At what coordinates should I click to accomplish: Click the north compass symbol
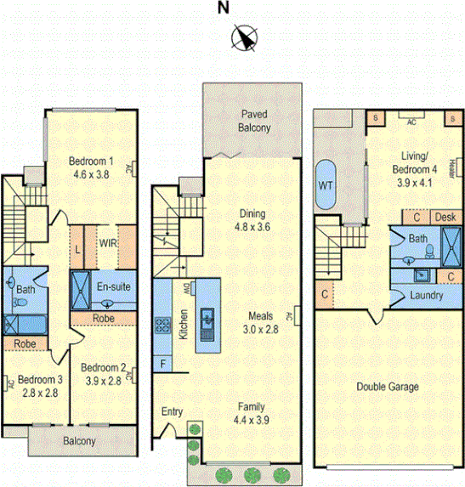(246, 38)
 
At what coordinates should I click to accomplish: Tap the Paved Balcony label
(254, 121)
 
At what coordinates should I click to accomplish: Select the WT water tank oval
(326, 185)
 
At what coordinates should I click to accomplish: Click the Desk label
(445, 218)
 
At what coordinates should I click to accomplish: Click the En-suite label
(114, 286)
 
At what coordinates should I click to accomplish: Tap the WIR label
(108, 243)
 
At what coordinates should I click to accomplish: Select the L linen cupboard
(77, 248)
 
